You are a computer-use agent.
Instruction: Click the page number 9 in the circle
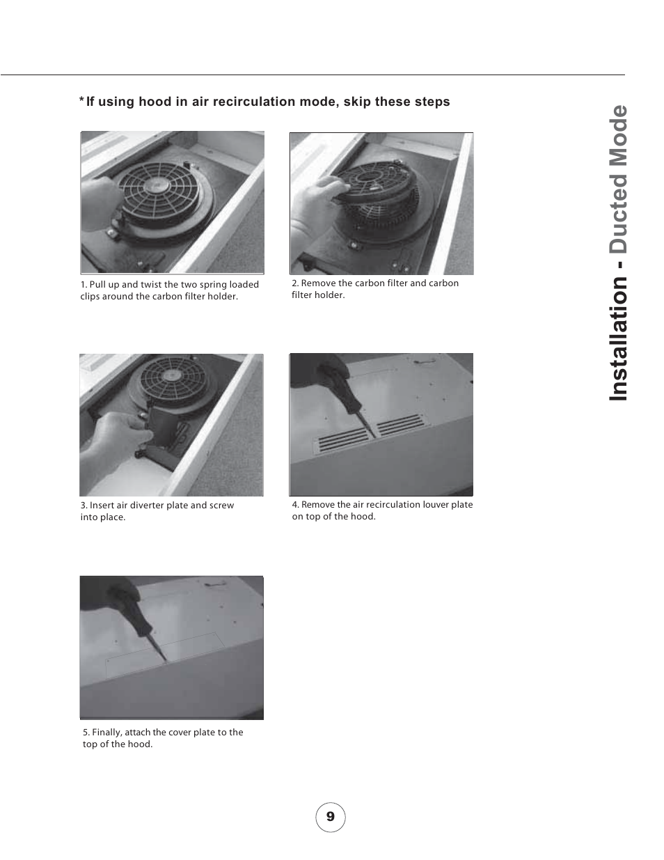coord(330,816)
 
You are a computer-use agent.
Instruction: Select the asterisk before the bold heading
coord(81,100)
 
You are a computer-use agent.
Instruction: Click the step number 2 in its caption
coord(294,283)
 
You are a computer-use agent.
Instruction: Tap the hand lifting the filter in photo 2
coord(317,198)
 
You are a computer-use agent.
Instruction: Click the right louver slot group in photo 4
coord(402,425)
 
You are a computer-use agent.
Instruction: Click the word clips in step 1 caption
coord(90,297)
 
